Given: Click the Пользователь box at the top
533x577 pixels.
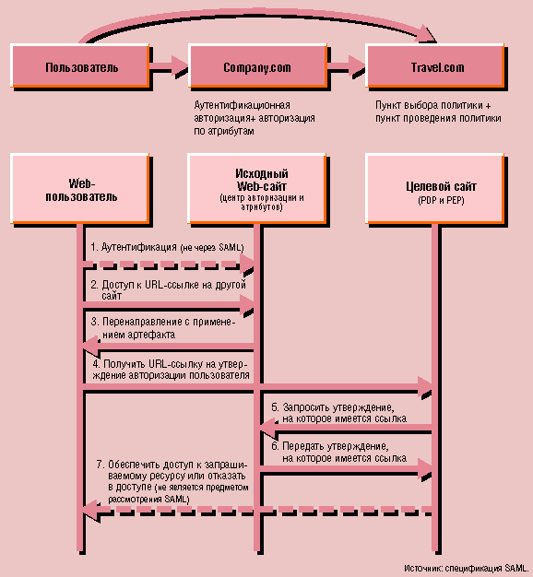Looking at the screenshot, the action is point(80,66).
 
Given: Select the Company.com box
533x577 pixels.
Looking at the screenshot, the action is point(257,66).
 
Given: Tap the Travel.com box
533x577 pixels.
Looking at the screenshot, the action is point(435,66).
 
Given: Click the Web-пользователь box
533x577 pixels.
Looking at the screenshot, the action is point(80,189).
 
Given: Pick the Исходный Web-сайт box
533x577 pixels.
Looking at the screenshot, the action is point(257,189).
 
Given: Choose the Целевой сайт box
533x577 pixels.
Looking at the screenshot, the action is point(435,189).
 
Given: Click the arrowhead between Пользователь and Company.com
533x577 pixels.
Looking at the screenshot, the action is point(180,65).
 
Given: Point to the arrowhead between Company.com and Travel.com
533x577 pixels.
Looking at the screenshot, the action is point(357,65).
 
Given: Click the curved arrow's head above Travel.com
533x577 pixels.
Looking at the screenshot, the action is point(427,34).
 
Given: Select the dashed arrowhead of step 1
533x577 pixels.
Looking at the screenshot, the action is point(247,264).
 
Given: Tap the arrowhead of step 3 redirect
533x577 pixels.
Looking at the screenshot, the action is point(91,347).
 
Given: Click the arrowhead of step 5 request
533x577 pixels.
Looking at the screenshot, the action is point(268,428).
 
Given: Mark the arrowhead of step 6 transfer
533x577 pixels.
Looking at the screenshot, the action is point(424,469).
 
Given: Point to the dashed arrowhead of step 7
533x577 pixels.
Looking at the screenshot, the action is point(91,510).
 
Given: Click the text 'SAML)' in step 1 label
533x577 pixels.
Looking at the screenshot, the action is point(231,247).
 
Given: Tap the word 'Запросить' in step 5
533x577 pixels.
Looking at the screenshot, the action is point(307,407).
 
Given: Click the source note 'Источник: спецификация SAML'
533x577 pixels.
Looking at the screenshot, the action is point(467,568).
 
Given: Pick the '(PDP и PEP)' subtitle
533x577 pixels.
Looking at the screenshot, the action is point(441,201).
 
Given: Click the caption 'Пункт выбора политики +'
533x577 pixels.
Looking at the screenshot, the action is point(432,105).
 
